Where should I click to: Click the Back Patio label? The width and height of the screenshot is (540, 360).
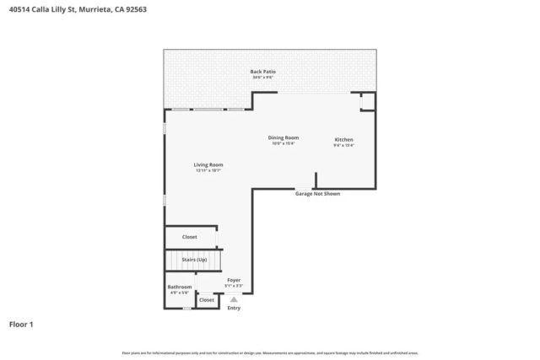coord(262,72)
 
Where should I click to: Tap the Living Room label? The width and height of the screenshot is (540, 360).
coord(208,164)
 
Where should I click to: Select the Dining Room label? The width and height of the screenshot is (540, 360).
coord(283,137)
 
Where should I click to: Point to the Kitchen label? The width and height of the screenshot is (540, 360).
coord(343,139)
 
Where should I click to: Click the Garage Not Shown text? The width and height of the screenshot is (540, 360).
coord(317,194)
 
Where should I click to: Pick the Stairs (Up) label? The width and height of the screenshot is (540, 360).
coord(194,260)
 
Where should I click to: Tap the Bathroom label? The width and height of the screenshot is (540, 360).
coord(180,287)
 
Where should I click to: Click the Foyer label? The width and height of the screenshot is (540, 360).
coord(234,280)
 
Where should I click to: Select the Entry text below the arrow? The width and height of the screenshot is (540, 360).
coord(234,308)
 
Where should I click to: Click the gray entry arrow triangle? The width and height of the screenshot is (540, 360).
coord(234,298)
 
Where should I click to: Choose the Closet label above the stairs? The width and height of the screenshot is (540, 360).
coord(190,237)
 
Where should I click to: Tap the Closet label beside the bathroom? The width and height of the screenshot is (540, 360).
coord(207,299)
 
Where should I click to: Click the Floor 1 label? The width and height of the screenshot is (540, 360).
coord(22,324)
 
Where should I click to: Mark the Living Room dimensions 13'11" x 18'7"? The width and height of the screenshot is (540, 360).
coord(208,171)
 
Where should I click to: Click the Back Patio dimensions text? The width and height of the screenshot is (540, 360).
coord(262,78)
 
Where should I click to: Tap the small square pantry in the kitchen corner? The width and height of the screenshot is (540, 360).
coord(367,102)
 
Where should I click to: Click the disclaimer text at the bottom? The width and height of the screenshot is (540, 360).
coord(270,352)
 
